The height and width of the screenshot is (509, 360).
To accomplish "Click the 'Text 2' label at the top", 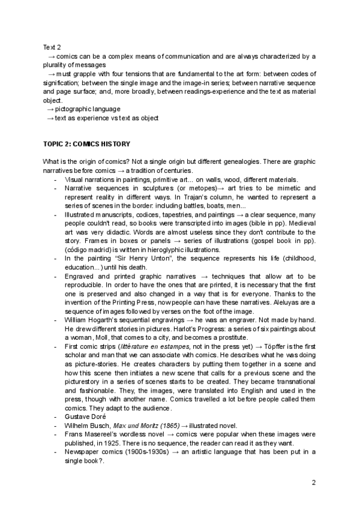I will pyautogui.click(x=52, y=47).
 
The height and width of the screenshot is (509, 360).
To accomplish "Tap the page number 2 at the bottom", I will pyautogui.click(x=313, y=481).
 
